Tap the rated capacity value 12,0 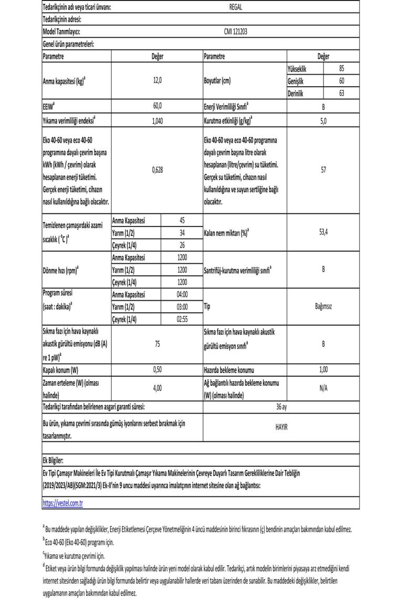pos(157,81)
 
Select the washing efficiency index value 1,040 pos(157,121)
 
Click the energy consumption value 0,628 pos(157,170)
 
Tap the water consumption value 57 pos(323,170)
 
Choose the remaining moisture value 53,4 pos(323,232)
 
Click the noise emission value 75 pos(157,344)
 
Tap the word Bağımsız pos(323,306)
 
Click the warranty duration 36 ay pos(281,406)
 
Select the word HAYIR pos(281,428)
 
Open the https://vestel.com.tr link pos(62,502)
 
